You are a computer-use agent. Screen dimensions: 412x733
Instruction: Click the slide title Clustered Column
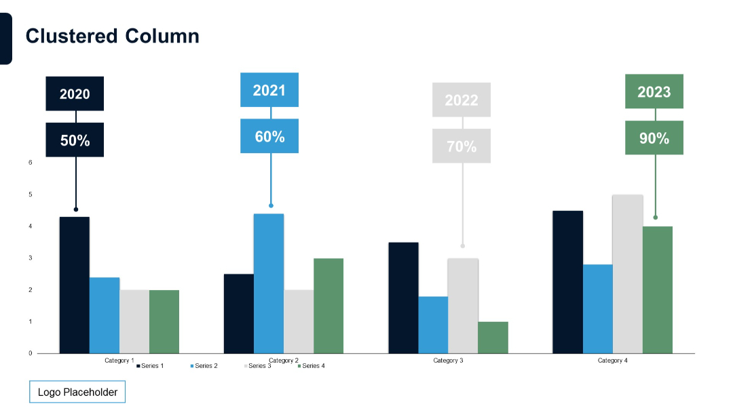(x=113, y=36)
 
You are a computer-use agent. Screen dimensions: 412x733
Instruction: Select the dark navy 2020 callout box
(x=75, y=94)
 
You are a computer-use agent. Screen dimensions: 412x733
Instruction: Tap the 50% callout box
(x=75, y=140)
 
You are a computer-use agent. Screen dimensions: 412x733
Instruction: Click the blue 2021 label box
(x=269, y=89)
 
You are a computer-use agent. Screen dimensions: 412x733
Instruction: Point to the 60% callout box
(x=269, y=136)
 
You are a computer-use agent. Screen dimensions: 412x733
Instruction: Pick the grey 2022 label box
(x=462, y=100)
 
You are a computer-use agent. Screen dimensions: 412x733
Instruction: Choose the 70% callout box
(x=462, y=146)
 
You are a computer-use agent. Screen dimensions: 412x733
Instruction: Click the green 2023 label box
(x=654, y=91)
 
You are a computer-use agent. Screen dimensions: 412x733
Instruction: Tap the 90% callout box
(x=654, y=138)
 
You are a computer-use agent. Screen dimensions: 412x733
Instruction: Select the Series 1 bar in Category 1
(x=75, y=285)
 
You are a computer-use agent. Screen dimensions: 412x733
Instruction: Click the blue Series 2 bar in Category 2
(x=269, y=283)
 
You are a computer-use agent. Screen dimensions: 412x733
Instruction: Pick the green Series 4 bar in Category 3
(x=493, y=337)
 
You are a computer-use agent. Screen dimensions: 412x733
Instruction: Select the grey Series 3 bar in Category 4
(x=628, y=274)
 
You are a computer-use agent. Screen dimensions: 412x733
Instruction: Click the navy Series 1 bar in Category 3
(x=403, y=297)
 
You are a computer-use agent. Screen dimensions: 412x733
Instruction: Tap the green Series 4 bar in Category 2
(x=328, y=306)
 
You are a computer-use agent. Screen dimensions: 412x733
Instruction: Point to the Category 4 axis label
(x=612, y=360)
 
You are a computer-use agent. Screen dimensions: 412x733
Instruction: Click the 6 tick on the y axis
(x=31, y=163)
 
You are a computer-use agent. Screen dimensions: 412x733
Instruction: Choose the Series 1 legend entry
(x=150, y=366)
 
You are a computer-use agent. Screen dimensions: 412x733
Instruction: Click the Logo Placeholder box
(x=77, y=392)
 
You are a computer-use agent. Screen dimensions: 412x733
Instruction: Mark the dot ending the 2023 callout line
(x=655, y=218)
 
